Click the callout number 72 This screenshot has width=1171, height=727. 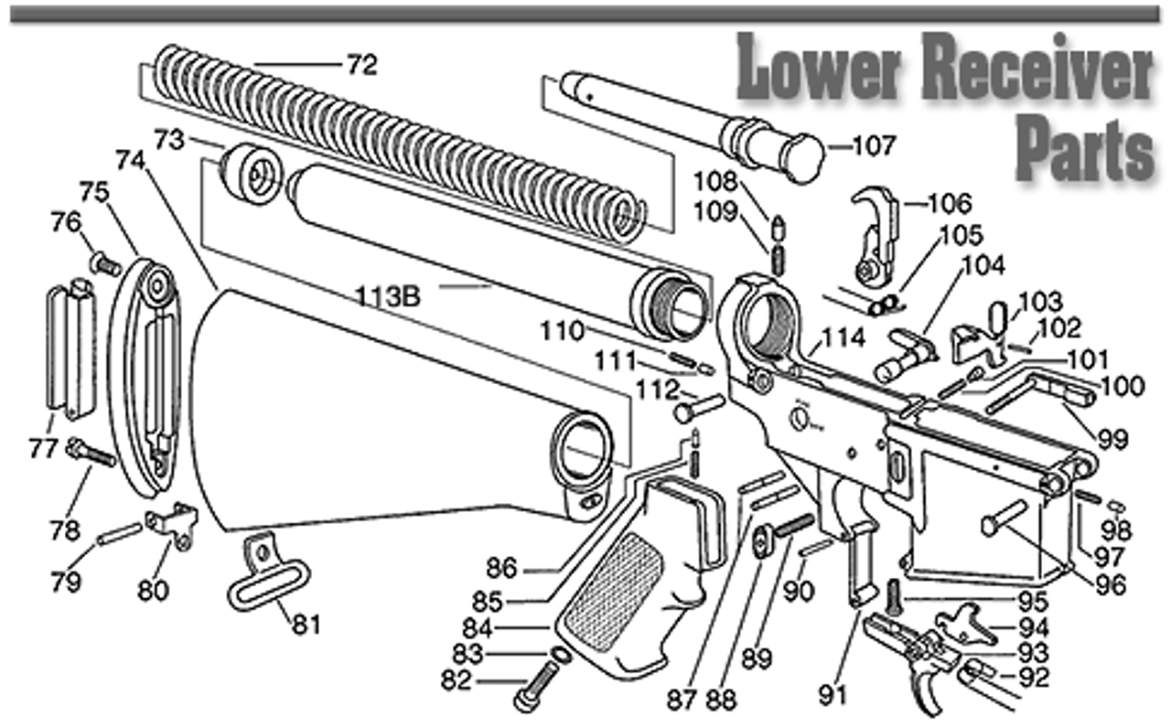tap(361, 65)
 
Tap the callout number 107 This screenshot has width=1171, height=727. tap(874, 145)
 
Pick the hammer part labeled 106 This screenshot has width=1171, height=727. tap(873, 229)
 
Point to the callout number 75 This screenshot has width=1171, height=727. tap(94, 193)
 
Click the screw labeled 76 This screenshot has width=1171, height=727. tap(104, 265)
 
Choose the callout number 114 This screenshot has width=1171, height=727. tap(843, 337)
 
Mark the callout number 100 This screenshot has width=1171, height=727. tap(1123, 386)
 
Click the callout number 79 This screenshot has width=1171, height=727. tap(66, 582)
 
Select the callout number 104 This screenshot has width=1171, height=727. tap(983, 266)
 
